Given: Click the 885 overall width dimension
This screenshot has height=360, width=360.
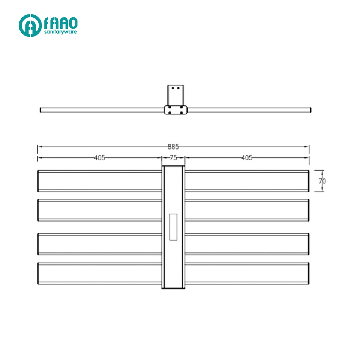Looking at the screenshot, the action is coord(173,147).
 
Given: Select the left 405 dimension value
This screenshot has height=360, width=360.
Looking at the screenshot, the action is coord(100,158).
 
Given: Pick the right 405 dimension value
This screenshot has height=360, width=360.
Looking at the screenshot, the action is coord(247,158).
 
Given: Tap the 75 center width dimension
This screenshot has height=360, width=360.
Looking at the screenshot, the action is coord(173,158).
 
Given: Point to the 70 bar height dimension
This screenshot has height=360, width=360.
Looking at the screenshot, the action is coord(322,181).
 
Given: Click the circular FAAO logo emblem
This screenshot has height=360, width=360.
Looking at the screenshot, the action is coord(30,25).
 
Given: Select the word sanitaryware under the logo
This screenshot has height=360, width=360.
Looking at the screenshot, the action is coord(60,32).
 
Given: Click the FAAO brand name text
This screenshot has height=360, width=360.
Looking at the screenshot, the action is coord(61,23).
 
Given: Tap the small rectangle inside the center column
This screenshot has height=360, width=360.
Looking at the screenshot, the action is coord(173,227).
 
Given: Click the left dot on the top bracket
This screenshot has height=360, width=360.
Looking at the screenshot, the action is coord(172,88).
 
